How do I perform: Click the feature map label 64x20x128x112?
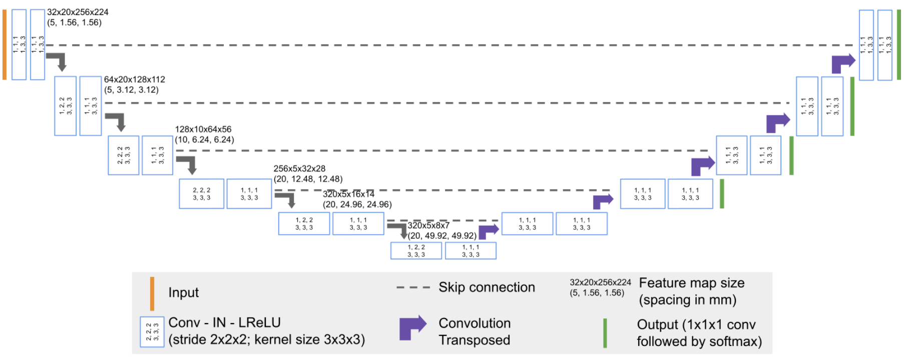[134, 79]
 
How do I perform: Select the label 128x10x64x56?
[203, 129]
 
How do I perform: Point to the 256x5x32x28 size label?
[299, 169]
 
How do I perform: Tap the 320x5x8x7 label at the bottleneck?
[428, 225]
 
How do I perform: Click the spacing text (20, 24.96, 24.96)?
[357, 204]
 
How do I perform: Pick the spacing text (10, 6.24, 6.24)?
[204, 140]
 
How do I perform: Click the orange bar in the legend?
[152, 293]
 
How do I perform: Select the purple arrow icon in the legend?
[412, 328]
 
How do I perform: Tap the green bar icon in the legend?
[605, 333]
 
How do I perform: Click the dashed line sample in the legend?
[412, 287]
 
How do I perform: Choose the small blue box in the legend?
[152, 331]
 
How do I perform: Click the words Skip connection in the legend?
[487, 287]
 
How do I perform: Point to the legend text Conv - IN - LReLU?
[224, 322]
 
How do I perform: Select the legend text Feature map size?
[691, 283]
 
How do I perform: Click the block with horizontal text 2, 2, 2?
[201, 194]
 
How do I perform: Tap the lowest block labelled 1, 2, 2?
[416, 251]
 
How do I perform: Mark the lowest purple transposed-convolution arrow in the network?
[489, 231]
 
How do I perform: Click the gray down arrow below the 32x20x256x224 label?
[57, 61]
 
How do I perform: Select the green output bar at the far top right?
[899, 45]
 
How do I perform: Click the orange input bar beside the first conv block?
[5, 45]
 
